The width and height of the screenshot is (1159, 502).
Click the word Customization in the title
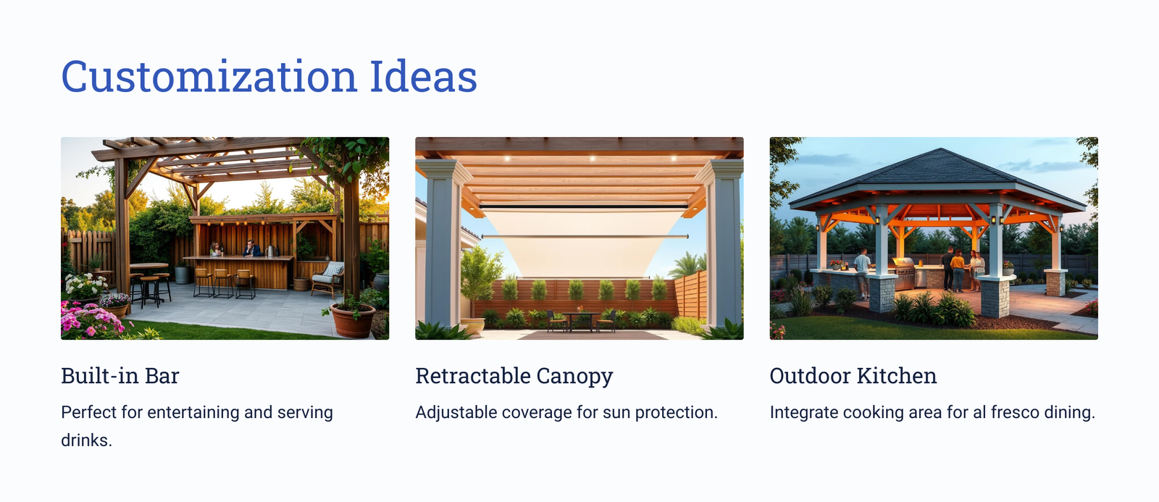point(209,77)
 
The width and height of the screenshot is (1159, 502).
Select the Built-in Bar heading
point(120,376)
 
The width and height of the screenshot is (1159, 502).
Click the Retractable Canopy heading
point(514,376)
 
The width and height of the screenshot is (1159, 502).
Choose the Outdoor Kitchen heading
point(853,376)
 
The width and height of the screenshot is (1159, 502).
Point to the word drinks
point(86,440)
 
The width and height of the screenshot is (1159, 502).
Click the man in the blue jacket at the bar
point(252,248)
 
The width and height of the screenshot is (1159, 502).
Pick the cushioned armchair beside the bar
point(329,278)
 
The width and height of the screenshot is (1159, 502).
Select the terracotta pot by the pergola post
point(353,321)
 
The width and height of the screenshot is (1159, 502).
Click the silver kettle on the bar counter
point(269,251)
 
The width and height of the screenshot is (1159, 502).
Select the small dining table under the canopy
point(580,320)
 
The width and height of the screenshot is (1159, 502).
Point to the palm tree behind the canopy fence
point(687,266)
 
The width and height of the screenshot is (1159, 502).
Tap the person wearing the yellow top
point(958,270)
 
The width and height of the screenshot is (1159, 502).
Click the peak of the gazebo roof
point(940,149)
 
